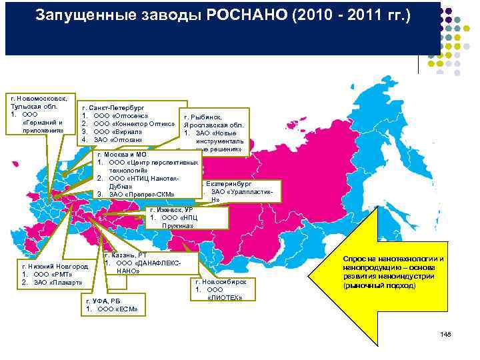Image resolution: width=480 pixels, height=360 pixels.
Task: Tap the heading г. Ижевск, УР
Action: point(171,209)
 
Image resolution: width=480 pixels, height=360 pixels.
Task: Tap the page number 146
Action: point(445,333)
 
